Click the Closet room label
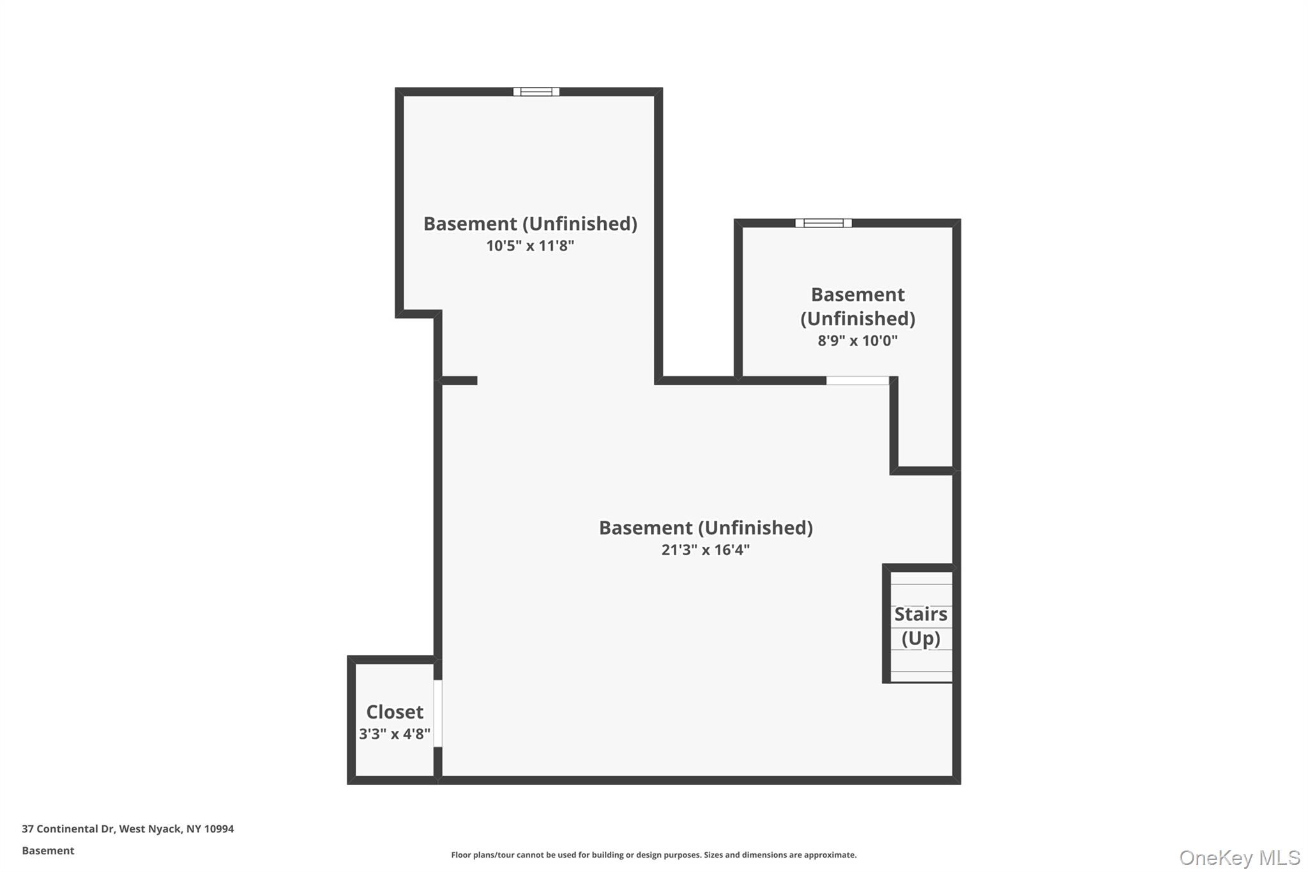(394, 712)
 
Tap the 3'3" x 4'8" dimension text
(394, 734)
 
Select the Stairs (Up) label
(920, 626)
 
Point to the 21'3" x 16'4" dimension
(705, 550)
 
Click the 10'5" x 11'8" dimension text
(530, 246)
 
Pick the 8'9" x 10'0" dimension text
(857, 340)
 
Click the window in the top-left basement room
(536, 92)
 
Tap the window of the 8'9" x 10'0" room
(823, 223)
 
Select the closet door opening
(438, 713)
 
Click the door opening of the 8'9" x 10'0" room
(857, 381)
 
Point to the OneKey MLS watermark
(1239, 857)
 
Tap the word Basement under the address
(48, 850)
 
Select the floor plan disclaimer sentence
(653, 855)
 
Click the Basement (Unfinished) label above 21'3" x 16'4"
(705, 528)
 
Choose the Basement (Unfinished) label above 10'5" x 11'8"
(530, 224)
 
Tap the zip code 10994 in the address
(219, 829)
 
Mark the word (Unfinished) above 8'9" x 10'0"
(857, 318)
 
